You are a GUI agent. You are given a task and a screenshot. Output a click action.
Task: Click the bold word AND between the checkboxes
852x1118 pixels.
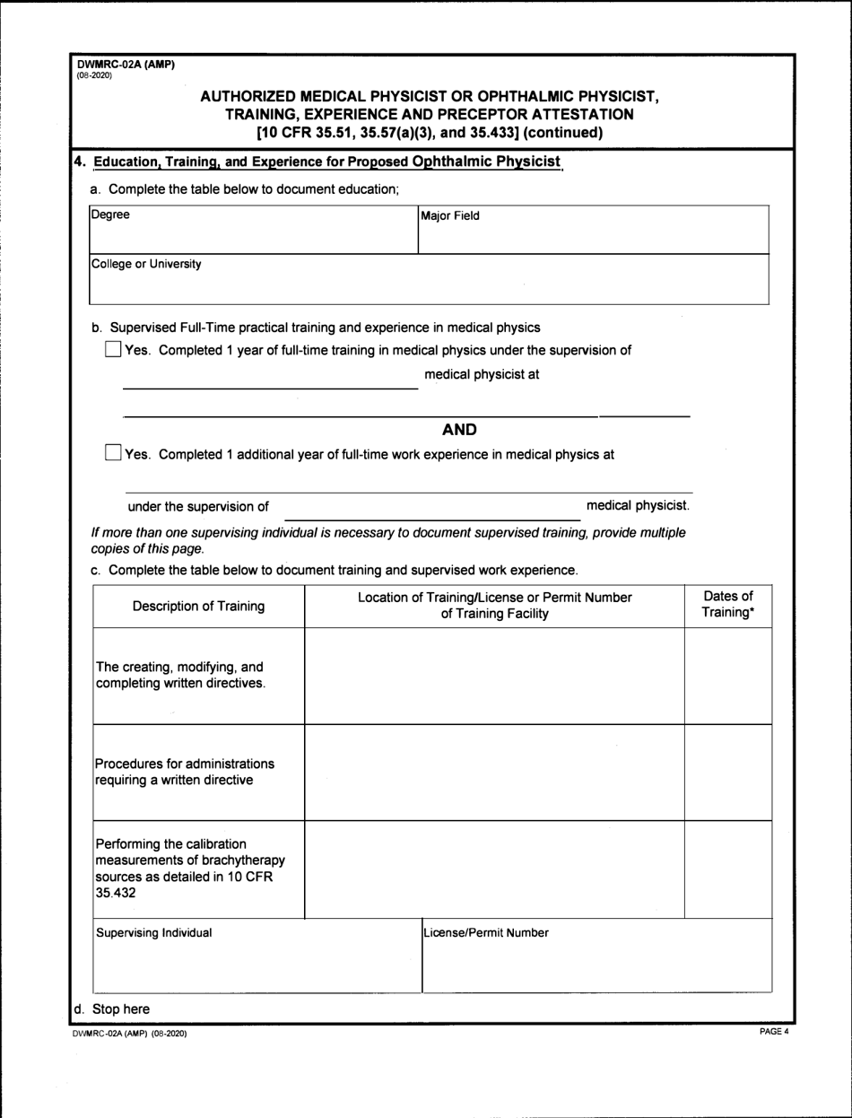(460, 429)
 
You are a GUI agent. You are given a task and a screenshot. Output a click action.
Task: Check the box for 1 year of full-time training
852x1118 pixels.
(113, 350)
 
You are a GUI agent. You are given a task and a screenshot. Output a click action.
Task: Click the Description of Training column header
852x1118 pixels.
(198, 606)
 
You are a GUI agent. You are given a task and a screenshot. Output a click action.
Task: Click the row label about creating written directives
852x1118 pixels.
(180, 675)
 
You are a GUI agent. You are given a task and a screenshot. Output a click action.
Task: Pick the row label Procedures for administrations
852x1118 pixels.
(185, 772)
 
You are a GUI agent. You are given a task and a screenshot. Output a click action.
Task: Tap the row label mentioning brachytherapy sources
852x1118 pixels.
(184, 869)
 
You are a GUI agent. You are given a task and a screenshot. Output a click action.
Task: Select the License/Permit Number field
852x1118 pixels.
(596, 956)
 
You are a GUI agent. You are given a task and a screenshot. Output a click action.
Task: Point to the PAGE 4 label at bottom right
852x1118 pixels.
(772, 1033)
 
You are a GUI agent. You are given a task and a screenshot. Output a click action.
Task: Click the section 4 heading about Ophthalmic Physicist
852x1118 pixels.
(317, 162)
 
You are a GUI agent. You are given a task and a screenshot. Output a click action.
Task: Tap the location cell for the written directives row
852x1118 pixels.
(494, 676)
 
